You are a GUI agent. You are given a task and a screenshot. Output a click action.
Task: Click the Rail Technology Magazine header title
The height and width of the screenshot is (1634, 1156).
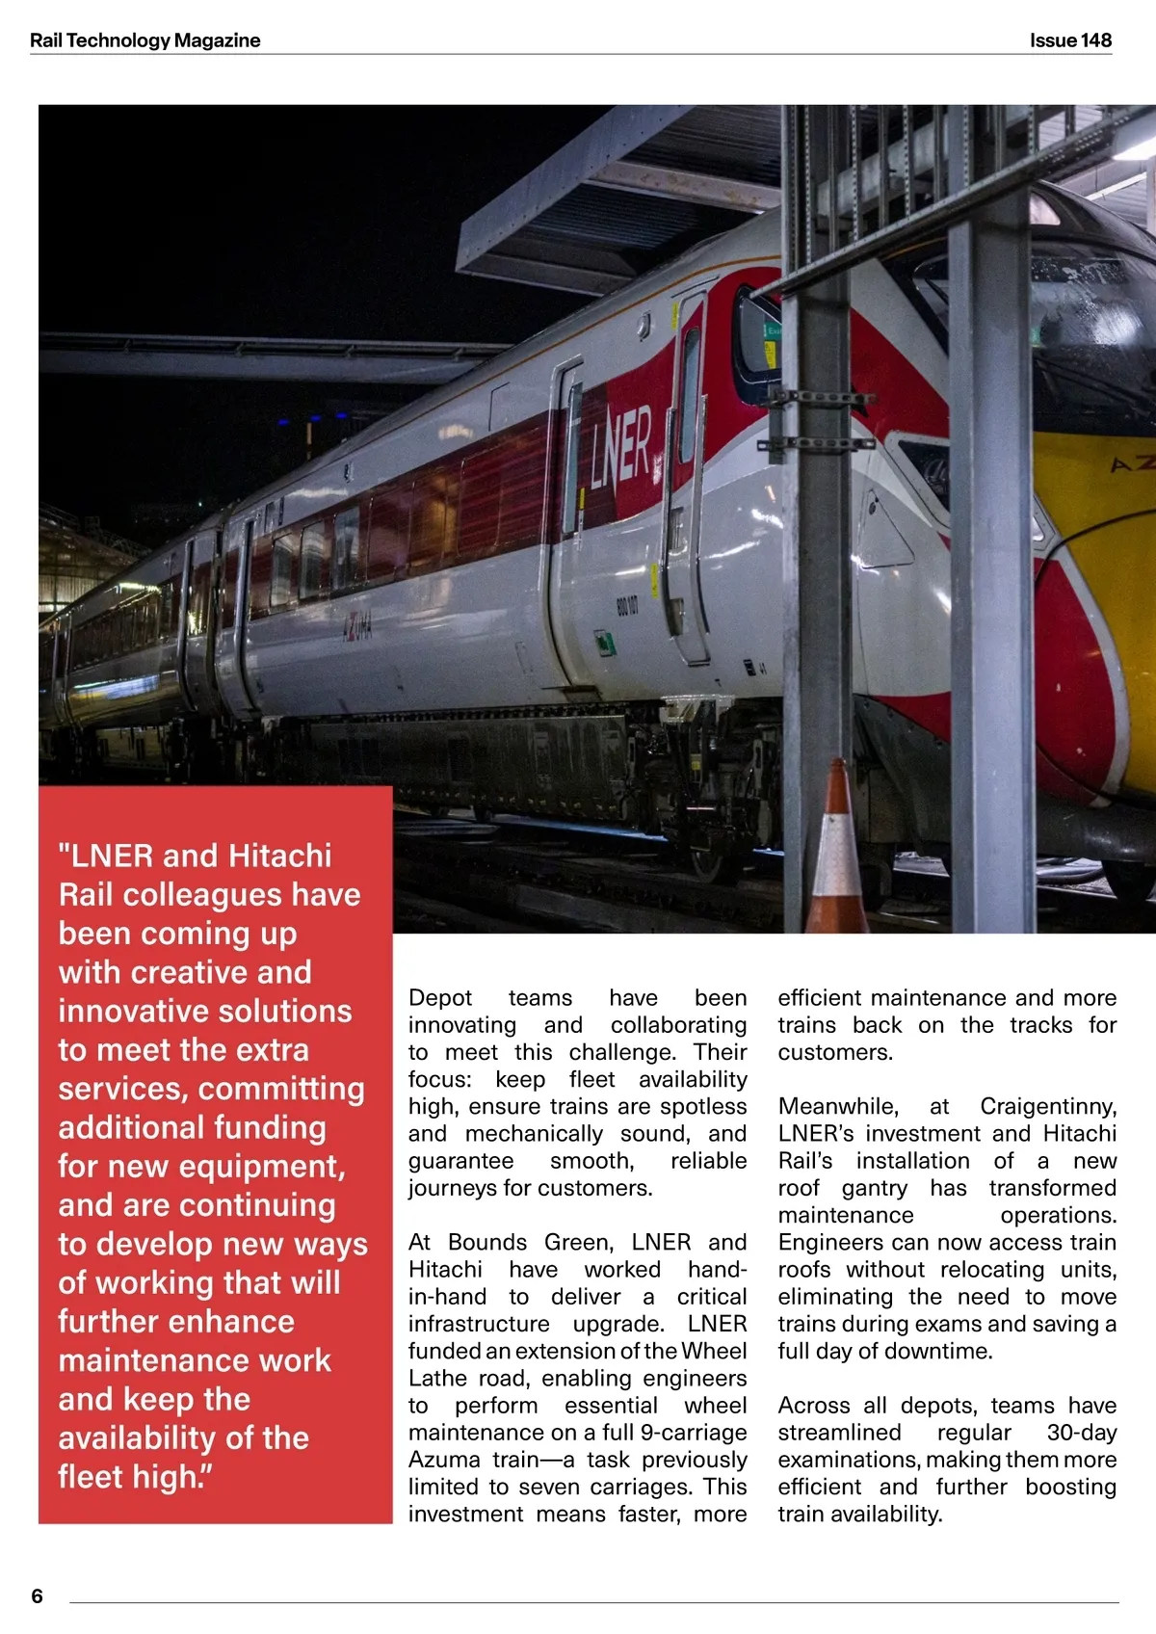[x=144, y=40]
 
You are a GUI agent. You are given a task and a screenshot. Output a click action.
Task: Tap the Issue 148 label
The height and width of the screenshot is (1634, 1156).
[x=1070, y=40]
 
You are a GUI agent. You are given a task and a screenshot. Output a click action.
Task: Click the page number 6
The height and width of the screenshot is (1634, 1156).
[x=38, y=1595]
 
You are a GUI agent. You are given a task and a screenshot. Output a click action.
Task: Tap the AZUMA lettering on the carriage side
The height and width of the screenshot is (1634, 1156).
[x=358, y=629]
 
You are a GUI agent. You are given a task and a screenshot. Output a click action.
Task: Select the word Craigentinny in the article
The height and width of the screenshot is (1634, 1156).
[x=1048, y=1106]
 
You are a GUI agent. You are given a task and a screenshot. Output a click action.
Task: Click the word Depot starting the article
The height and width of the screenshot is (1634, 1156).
[x=440, y=998]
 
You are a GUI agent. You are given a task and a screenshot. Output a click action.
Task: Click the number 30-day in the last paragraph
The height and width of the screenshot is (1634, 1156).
[x=1081, y=1433]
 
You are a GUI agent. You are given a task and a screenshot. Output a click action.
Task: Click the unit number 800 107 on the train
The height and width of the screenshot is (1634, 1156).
[x=627, y=606]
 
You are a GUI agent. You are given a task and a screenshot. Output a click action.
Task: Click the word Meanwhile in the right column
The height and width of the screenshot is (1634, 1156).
[x=838, y=1106]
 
